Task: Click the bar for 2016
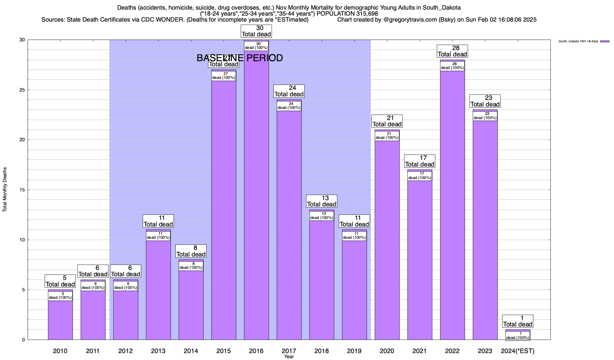point(256,195)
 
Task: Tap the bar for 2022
point(452,204)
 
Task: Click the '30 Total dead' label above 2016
point(256,31)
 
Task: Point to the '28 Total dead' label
point(452,51)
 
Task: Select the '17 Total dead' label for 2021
point(420,161)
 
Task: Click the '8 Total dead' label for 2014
point(191,251)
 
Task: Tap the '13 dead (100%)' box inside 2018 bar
point(322,216)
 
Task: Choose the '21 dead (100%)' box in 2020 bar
point(387,136)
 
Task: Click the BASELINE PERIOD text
point(240,58)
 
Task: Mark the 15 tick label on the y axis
point(22,190)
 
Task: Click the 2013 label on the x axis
point(158,351)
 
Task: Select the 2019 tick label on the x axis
point(354,351)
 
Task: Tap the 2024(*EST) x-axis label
point(518,351)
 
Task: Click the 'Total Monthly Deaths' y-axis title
point(5,190)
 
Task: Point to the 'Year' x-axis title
point(289,357)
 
